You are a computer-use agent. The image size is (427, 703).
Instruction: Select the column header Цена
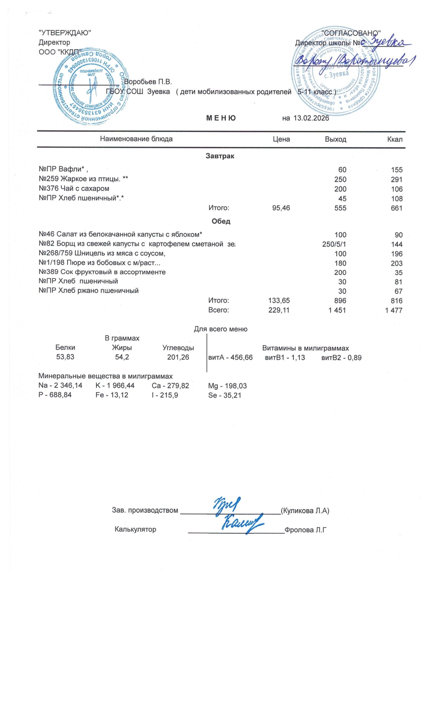(281, 139)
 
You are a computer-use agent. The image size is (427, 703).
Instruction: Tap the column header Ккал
(395, 139)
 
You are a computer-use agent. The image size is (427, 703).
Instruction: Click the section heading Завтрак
(220, 156)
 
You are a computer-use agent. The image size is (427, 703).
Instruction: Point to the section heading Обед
(221, 221)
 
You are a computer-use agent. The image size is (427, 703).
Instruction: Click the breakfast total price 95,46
(281, 208)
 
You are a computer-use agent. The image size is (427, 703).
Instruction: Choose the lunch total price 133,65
(279, 300)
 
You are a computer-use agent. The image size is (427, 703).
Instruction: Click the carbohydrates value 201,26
(178, 357)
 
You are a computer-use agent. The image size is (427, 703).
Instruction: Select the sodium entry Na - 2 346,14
(60, 386)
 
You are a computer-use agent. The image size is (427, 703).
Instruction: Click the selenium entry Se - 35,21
(225, 395)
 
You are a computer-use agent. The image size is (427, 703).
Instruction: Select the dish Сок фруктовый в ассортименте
(102, 272)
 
